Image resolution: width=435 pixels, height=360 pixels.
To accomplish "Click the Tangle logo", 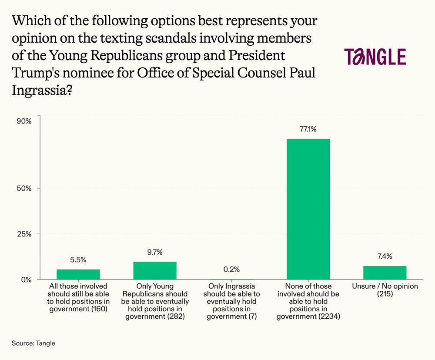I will point(375,57).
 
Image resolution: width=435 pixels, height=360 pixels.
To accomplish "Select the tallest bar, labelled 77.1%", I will point(308,209).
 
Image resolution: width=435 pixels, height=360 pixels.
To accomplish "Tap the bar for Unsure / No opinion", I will point(385,273).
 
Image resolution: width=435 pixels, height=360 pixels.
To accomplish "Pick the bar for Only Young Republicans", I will point(155,270).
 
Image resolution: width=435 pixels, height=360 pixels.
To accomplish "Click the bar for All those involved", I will point(78,274).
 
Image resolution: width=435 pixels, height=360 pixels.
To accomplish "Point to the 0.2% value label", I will point(231,269).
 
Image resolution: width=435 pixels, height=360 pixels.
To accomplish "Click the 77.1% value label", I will point(308,129).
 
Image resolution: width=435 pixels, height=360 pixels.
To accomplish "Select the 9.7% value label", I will point(155,252).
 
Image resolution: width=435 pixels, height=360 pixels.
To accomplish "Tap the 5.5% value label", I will point(78,260).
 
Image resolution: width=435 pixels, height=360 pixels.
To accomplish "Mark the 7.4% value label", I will point(385,256).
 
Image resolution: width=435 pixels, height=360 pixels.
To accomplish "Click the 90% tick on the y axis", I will point(24,121).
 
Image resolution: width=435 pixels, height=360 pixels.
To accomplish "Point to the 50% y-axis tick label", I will point(24,188).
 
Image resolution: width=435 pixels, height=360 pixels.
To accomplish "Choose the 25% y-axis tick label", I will point(24,234).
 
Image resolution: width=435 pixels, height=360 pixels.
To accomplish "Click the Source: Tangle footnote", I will point(33,343).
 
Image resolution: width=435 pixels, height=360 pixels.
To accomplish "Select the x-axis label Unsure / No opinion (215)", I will point(385,290).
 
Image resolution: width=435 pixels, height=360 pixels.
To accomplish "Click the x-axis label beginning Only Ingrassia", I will point(231,301).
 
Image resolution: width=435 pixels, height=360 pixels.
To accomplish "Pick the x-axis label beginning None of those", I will point(308,301).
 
